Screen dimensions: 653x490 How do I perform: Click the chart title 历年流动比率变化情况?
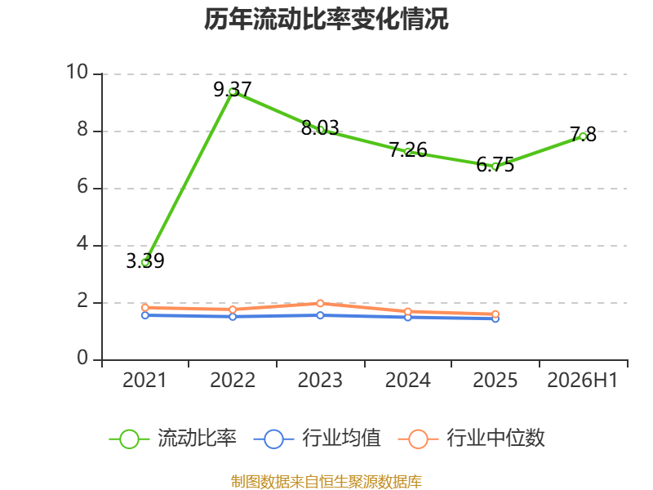(x=326, y=19)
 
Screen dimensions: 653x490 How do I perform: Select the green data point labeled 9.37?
(x=233, y=91)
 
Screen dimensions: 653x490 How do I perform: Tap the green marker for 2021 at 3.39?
(x=145, y=262)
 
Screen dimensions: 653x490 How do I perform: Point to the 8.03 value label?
(x=320, y=128)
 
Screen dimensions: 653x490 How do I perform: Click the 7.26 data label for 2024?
(x=408, y=150)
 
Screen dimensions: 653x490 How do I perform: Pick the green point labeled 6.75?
(x=495, y=167)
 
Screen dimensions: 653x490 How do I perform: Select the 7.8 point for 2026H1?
(x=583, y=136)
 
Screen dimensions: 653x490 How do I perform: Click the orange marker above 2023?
(x=320, y=303)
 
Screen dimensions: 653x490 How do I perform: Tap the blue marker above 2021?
(x=145, y=315)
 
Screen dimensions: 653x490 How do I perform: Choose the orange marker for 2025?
(x=495, y=314)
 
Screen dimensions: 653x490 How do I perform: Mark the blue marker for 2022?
(x=233, y=317)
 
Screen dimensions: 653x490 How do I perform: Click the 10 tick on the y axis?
(x=78, y=72)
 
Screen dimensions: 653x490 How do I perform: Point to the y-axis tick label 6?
(x=83, y=186)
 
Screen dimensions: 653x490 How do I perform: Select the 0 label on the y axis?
(x=83, y=358)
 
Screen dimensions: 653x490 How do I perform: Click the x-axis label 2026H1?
(x=582, y=381)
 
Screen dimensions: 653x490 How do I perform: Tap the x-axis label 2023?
(x=320, y=381)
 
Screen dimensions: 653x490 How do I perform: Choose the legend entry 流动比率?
(x=172, y=439)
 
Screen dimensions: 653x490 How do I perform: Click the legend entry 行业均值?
(x=317, y=439)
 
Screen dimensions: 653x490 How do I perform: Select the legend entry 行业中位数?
(x=472, y=439)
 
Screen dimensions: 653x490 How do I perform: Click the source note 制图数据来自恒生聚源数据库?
(x=326, y=481)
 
